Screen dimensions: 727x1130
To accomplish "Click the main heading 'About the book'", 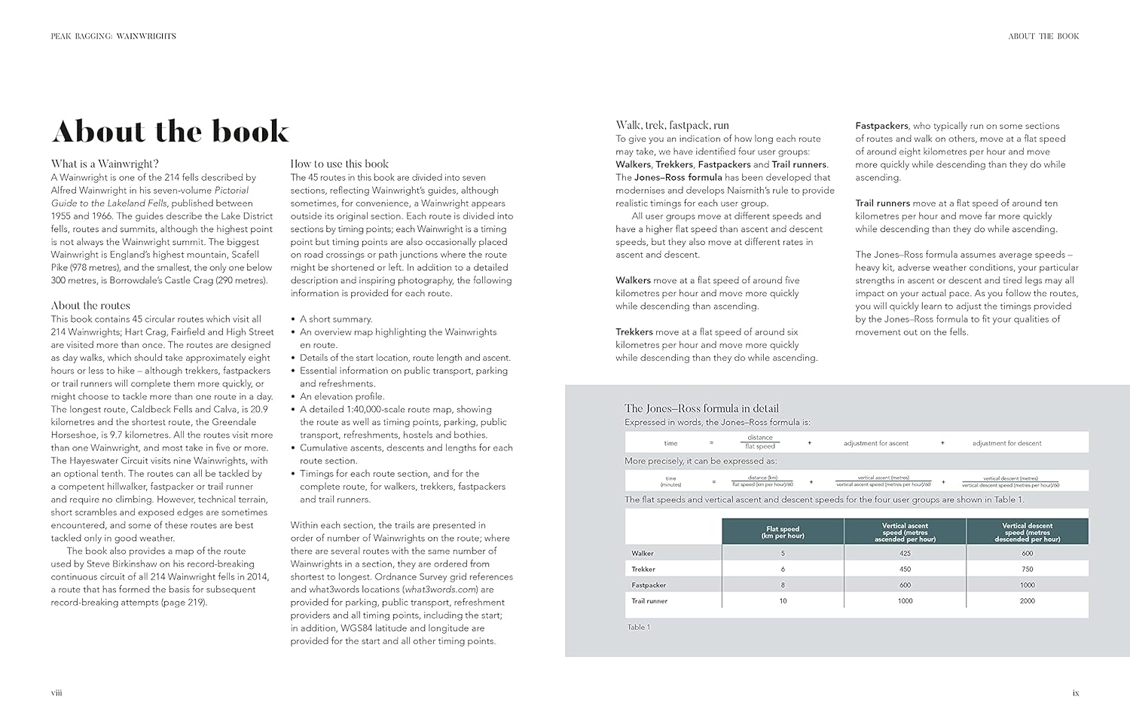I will coord(170,131).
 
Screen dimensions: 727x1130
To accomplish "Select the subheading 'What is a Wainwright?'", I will coord(105,164).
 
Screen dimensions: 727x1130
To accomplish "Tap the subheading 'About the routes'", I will coord(90,305).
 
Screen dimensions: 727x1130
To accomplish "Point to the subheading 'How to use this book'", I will coord(340,164).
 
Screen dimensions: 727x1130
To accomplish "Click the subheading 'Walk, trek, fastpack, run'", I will coord(672,125).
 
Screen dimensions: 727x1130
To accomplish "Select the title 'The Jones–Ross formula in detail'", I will coord(701,408).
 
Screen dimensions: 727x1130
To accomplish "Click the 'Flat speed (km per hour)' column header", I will coord(783,532).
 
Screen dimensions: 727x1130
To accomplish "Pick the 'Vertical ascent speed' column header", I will coord(905,532).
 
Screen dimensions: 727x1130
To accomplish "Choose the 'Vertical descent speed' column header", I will coord(1027,532).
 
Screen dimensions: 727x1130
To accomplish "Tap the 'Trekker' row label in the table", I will coord(643,570).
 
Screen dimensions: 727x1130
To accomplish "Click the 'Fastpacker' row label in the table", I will coord(649,585).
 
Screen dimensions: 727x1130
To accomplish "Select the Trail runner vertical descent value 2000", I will coord(1027,601).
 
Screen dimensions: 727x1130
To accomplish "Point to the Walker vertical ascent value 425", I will coord(905,554).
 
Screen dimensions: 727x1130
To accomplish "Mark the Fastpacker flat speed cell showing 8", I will coord(783,585).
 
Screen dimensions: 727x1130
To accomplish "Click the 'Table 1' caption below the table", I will coord(639,627).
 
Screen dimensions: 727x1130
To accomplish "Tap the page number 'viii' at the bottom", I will coord(56,692).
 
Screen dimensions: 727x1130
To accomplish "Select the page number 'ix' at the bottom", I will coord(1076,692).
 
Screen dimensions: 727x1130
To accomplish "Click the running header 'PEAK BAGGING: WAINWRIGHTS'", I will coord(114,36).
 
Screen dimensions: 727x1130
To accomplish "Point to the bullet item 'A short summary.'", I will coord(336,319).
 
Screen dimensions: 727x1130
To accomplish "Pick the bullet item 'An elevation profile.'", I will coord(342,396).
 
